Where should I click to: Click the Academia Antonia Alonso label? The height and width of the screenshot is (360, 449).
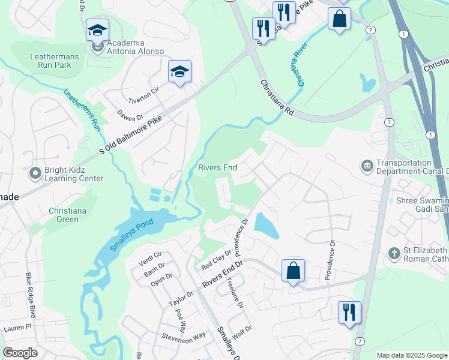tap(134, 47)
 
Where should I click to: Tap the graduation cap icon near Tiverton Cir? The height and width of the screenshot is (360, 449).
tap(179, 72)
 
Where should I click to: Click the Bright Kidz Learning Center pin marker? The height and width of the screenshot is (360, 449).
tap(34, 173)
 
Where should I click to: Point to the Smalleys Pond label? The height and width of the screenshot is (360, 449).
tap(131, 235)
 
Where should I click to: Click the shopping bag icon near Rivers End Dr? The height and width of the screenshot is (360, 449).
tap(293, 271)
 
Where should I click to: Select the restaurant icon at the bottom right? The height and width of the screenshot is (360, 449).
tap(349, 313)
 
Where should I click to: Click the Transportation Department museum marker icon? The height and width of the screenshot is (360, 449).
tap(366, 165)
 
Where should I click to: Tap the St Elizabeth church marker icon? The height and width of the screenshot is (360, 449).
tap(394, 253)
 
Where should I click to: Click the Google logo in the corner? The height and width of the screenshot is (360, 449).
tap(20, 353)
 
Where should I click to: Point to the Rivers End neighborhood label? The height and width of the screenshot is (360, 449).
tap(218, 168)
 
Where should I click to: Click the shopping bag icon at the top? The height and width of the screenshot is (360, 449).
tap(339, 18)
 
